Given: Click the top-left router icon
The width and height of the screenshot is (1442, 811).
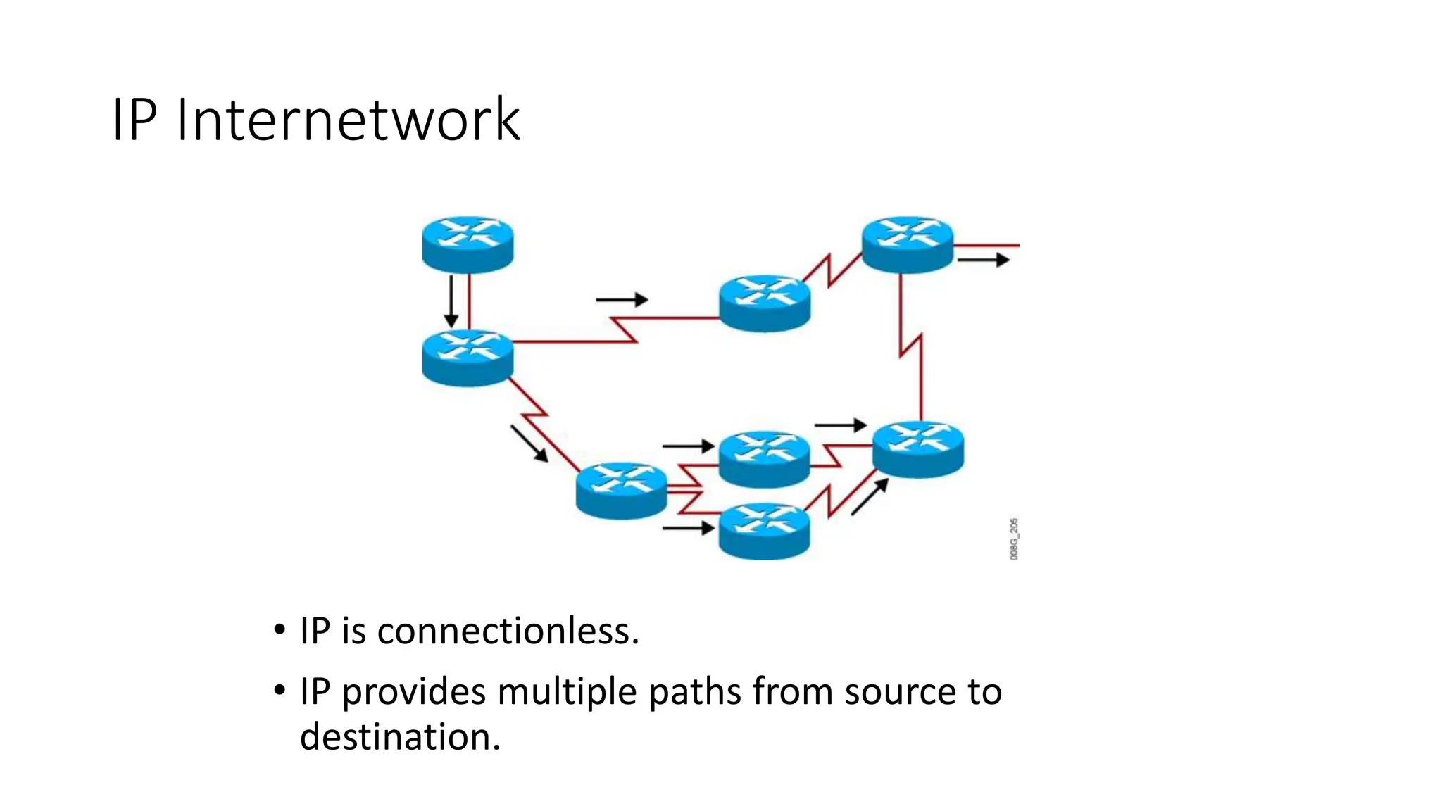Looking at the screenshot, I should click(x=468, y=244).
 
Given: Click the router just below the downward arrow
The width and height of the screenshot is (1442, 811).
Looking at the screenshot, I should click(x=468, y=358).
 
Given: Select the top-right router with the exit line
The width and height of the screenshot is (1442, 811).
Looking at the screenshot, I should click(x=907, y=244).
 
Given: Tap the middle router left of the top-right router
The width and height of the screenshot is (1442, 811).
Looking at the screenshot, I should click(x=765, y=303).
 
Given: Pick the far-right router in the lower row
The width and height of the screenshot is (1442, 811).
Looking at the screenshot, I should click(x=918, y=449).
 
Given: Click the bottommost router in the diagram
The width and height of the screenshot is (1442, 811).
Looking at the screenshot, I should click(x=765, y=531).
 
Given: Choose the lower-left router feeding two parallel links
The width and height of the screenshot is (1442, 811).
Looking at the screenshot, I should click(x=621, y=491).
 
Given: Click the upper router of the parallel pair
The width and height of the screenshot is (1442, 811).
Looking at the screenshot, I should click(x=765, y=459).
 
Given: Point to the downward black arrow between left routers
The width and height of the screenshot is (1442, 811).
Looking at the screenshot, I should click(x=451, y=301).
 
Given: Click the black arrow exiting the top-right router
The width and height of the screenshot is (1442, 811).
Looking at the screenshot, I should click(x=983, y=260).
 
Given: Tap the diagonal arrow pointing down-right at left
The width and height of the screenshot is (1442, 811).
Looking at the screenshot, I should click(x=529, y=444).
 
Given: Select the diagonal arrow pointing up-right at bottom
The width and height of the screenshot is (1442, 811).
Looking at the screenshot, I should click(x=870, y=497).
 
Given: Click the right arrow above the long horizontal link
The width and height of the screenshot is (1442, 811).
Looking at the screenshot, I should click(x=621, y=300).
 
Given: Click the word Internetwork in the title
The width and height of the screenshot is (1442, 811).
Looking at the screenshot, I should click(x=348, y=120).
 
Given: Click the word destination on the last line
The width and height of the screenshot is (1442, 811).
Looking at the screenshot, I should click(x=399, y=737).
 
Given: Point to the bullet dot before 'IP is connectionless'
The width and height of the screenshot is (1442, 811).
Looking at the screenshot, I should click(x=280, y=629).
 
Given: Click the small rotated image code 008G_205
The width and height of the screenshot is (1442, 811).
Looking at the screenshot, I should click(x=1014, y=539).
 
